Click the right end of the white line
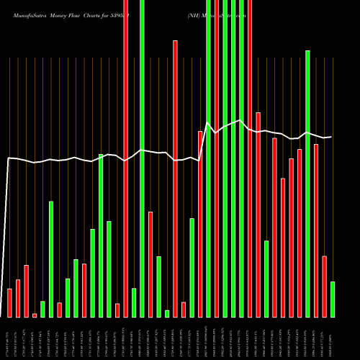click(x=331, y=137)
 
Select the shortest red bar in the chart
click(x=35, y=315)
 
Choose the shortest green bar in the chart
click(x=167, y=313)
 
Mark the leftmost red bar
click(x=9, y=302)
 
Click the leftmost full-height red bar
click(x=126, y=158)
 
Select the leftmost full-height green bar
click(x=142, y=158)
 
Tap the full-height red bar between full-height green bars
click(x=217, y=158)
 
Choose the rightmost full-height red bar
click(x=250, y=158)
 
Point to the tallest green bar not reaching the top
click(x=307, y=184)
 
